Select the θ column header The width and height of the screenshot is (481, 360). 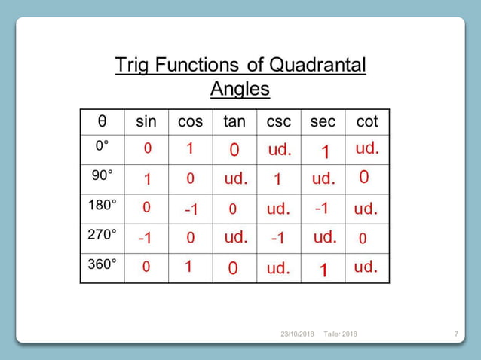click(102, 121)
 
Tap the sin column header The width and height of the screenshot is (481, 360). click(146, 121)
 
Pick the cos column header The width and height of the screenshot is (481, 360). click(190, 121)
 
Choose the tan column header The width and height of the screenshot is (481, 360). click(234, 121)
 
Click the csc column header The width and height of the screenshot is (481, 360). click(279, 121)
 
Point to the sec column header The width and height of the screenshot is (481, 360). click(323, 121)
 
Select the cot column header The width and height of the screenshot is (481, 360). click(367, 121)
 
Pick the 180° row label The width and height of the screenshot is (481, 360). click(103, 204)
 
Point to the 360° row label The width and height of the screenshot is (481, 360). click(103, 264)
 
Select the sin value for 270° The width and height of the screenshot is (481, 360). click(146, 238)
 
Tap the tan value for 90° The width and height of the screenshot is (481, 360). click(236, 180)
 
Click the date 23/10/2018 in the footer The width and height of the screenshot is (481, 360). click(296, 334)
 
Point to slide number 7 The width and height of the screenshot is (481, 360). click(457, 334)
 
